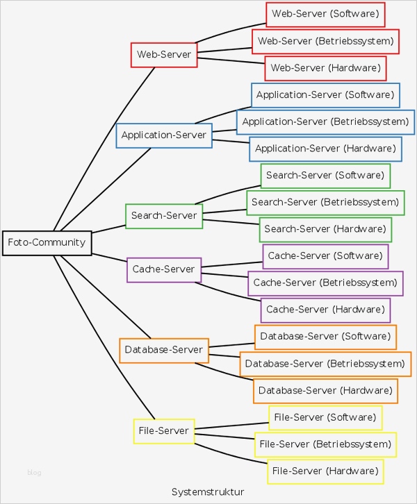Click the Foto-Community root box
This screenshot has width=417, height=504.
(47, 243)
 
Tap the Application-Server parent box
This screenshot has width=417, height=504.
(164, 135)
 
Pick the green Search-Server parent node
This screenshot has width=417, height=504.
(164, 216)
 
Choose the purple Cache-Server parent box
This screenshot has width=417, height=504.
(164, 269)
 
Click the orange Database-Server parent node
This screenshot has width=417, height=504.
(164, 350)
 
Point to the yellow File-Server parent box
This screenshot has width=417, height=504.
(164, 431)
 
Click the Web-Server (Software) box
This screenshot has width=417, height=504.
(325, 14)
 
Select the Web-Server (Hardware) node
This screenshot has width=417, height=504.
(325, 68)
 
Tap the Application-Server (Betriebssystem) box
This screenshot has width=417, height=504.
(325, 122)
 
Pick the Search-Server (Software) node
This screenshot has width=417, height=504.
(325, 176)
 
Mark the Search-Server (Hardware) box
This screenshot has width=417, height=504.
(325, 229)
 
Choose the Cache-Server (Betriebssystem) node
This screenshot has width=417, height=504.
(325, 283)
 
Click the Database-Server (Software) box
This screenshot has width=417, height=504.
(325, 337)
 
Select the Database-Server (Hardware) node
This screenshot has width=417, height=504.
(325, 391)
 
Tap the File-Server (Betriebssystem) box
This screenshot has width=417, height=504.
(325, 444)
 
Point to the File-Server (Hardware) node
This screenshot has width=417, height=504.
(325, 471)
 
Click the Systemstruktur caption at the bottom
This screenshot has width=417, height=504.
(208, 492)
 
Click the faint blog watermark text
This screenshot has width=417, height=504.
(34, 473)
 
